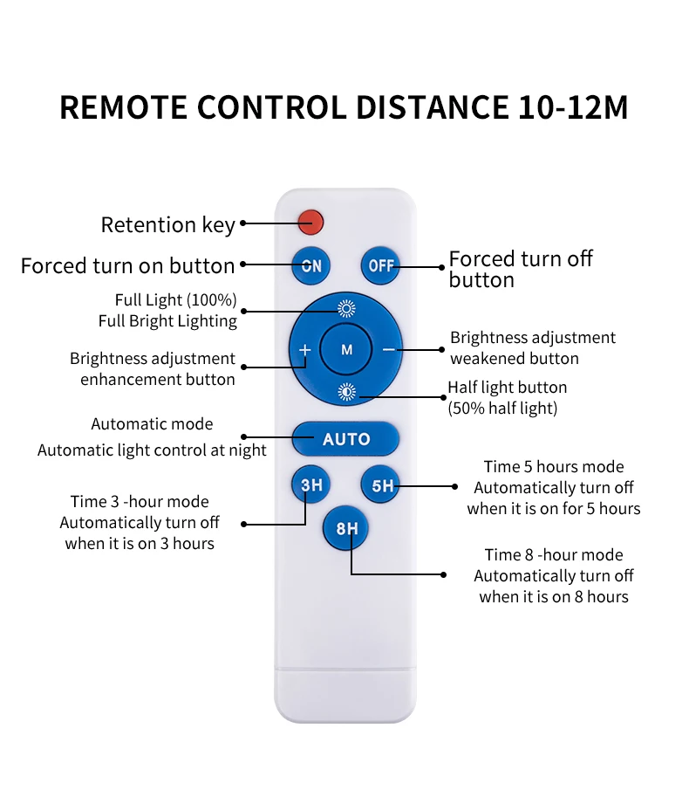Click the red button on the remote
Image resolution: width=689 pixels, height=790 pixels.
(310, 222)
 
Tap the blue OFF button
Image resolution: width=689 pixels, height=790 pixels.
(381, 265)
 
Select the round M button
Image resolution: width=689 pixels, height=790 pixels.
(346, 349)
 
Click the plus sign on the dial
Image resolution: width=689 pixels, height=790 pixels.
(304, 350)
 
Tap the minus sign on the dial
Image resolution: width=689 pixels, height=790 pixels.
(388, 349)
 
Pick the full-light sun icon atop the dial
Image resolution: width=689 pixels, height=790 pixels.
(346, 308)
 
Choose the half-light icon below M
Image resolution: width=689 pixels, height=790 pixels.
(346, 391)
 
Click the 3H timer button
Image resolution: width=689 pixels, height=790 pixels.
(310, 485)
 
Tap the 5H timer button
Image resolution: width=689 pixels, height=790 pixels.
(382, 485)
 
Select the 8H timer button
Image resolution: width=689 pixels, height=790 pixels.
(346, 528)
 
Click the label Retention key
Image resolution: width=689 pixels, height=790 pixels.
(167, 224)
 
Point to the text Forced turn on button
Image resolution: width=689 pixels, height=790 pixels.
(127, 265)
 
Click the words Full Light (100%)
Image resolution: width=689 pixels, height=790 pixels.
(175, 300)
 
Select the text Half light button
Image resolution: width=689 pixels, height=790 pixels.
(507, 388)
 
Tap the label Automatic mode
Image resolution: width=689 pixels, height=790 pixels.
(152, 424)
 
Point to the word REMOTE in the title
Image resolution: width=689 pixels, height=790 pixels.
(123, 107)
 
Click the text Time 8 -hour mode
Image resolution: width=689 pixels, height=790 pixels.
(554, 555)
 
